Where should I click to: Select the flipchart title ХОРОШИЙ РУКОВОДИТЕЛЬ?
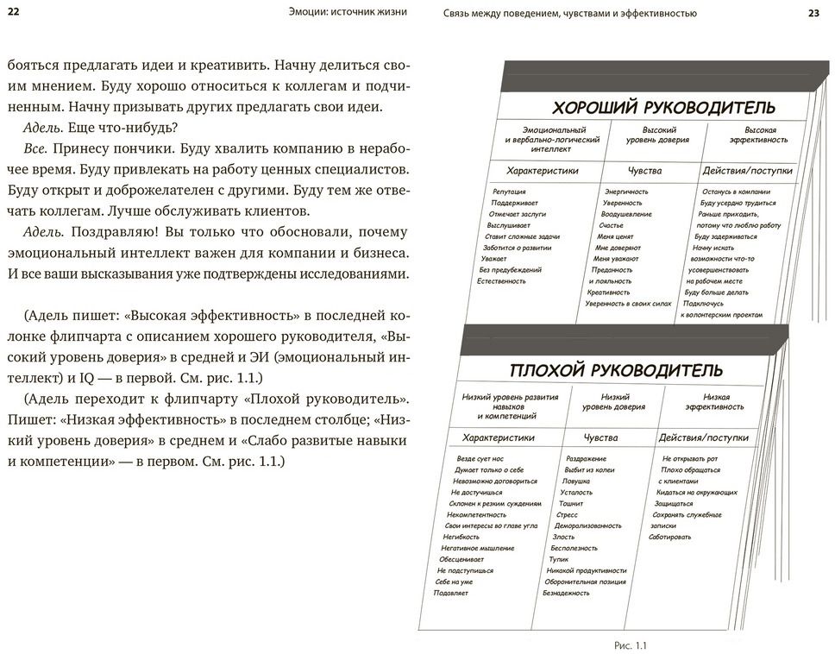pos(663,108)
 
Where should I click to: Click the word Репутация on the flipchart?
pos(509,192)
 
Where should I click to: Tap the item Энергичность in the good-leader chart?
pos(626,192)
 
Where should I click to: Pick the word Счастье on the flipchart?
pos(611,224)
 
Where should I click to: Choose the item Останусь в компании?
pos(735,192)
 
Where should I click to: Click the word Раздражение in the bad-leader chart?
pos(586,459)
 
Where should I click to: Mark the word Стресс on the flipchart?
pos(568,514)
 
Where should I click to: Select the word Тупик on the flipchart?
pos(558,559)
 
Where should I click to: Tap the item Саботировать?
pos(670,537)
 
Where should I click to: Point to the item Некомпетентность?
pos(475,514)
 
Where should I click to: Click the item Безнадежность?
pos(566,593)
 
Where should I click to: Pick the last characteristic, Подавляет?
pos(450,594)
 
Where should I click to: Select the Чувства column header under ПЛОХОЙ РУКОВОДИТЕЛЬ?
pos(600,437)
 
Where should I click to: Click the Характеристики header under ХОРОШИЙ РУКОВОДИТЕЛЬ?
pos(543,171)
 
